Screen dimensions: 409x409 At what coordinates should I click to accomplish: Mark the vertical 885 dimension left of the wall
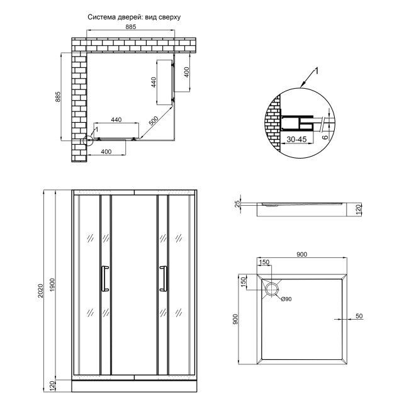pyautogui.click(x=59, y=97)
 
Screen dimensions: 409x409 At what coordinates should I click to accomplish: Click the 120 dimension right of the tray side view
pyautogui.click(x=357, y=210)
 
